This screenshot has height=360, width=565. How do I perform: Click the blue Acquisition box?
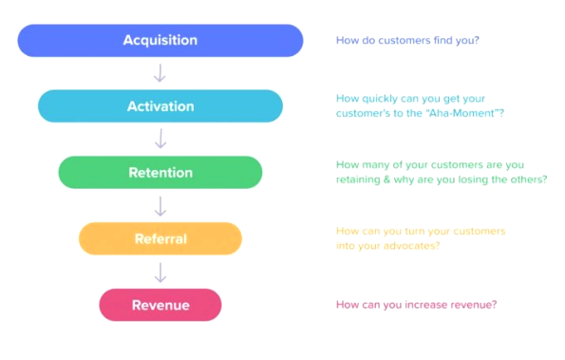tap(160, 40)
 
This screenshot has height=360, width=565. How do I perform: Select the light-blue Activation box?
tap(160, 106)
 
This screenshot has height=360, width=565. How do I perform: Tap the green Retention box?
tap(160, 172)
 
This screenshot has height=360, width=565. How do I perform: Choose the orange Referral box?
tap(160, 238)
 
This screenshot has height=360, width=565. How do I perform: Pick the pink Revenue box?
tap(160, 305)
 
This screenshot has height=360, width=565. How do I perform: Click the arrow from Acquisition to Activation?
tap(160, 73)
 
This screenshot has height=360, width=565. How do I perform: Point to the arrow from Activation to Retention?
tap(160, 139)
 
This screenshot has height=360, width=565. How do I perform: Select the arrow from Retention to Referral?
tap(160, 206)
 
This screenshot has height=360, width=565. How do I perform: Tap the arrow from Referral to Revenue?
tap(160, 273)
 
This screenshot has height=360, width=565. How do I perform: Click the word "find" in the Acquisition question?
tap(443, 40)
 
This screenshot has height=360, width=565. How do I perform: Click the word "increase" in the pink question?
tap(426, 305)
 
